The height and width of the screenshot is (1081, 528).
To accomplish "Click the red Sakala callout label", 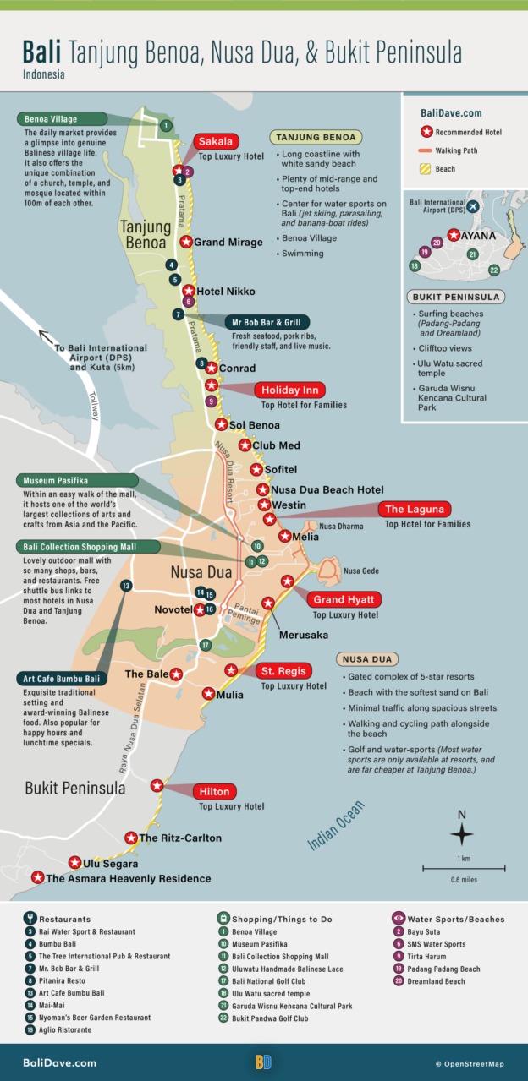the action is (x=215, y=141).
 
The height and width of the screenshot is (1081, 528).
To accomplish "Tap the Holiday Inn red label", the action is (x=289, y=390).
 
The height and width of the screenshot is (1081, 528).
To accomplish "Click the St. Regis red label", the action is (x=283, y=671).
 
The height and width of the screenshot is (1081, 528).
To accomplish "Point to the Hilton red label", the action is (x=215, y=792).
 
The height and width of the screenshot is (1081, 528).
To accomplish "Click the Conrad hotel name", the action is (x=237, y=369).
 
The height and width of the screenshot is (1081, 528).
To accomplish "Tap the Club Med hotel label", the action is (x=276, y=445).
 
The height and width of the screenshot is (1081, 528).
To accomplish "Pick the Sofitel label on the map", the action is (x=280, y=469).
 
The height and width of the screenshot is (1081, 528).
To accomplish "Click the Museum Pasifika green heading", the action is (x=56, y=480).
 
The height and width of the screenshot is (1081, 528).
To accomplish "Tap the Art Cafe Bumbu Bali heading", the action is (x=62, y=679).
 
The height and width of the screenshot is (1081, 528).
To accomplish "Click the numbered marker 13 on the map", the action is (x=126, y=585).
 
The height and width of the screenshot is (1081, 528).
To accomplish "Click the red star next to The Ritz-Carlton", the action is (x=131, y=838).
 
